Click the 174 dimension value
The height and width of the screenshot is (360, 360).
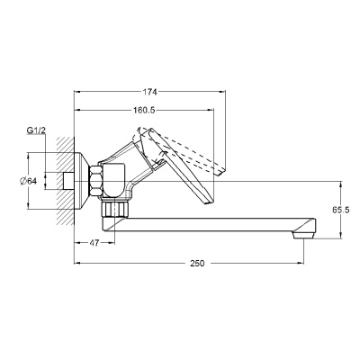tap(149, 92)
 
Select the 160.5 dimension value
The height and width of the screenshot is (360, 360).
tap(144, 111)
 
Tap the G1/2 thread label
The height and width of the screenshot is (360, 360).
tap(36, 130)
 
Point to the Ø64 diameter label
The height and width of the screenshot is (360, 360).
tap(29, 181)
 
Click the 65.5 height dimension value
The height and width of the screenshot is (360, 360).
tap(340, 210)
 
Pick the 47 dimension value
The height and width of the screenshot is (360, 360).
tap(94, 243)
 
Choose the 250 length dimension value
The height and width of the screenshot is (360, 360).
tap(197, 264)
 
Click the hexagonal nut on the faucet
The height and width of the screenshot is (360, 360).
tap(96, 181)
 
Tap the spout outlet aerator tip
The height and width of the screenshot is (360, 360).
tap(303, 235)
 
